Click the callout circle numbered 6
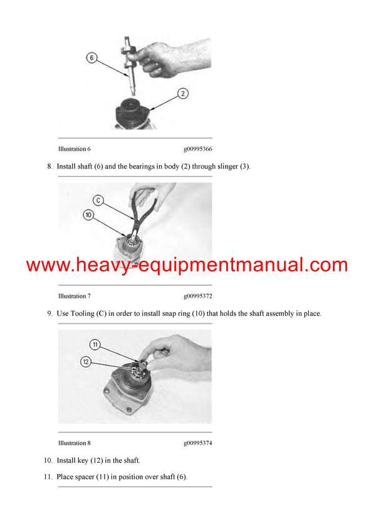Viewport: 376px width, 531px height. click(x=91, y=58)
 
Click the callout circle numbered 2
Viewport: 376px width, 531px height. click(x=182, y=94)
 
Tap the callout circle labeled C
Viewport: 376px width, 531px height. click(x=98, y=201)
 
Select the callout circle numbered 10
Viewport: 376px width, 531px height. click(x=88, y=215)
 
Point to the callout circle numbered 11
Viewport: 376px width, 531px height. click(x=95, y=345)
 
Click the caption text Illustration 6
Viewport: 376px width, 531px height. click(x=74, y=149)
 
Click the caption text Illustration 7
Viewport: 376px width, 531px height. click(x=74, y=296)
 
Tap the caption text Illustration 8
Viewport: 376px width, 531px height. click(x=74, y=443)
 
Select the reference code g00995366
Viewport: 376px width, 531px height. click(x=197, y=149)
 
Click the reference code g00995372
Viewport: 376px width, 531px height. click(x=197, y=296)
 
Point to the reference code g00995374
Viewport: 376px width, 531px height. click(x=197, y=443)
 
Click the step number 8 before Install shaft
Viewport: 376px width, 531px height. click(x=49, y=166)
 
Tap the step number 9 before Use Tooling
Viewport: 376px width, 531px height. click(x=49, y=313)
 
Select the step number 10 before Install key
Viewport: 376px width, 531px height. click(x=48, y=460)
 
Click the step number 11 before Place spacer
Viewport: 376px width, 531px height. click(x=48, y=477)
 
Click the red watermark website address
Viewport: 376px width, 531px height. click(x=187, y=265)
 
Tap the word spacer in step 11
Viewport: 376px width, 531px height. click(x=87, y=477)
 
